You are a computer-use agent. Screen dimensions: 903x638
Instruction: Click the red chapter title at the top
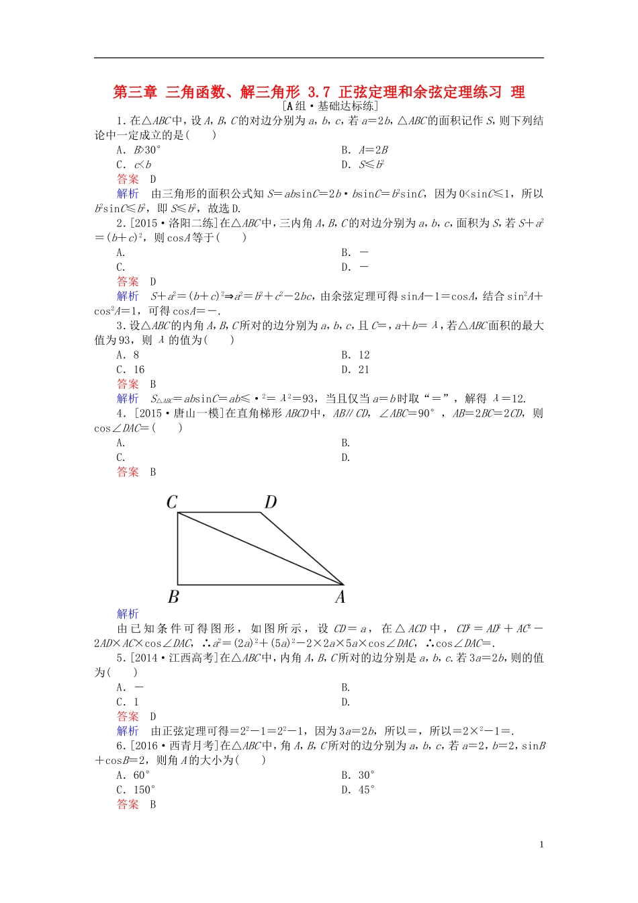pos(318,92)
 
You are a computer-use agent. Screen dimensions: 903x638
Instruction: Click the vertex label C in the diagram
pos(172,502)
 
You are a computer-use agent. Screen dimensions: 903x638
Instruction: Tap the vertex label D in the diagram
pos(270,502)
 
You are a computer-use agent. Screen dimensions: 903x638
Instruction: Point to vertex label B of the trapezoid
pos(173,597)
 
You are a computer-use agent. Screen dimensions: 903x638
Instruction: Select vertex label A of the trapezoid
pos(340,597)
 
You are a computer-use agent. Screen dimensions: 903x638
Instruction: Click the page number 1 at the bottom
pos(541,845)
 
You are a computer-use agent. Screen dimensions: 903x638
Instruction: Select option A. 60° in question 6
pos(133,775)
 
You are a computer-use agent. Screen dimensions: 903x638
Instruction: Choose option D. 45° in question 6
pos(358,790)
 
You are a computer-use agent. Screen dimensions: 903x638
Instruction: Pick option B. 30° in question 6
pos(358,775)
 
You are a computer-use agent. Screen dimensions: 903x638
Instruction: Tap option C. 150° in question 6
pos(136,790)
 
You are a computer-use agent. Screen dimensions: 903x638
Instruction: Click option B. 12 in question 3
pos(355,355)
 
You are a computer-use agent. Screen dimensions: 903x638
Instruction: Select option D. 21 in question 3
pos(355,370)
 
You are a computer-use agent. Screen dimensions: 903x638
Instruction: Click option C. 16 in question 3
pos(130,370)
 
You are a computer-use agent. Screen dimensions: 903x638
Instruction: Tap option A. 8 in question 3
pos(128,355)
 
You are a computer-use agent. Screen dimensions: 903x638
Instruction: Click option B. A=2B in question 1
pos(364,150)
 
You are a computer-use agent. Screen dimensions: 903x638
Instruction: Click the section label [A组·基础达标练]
pos(330,106)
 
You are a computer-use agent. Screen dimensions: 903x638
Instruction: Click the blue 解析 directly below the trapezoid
pos(128,613)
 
